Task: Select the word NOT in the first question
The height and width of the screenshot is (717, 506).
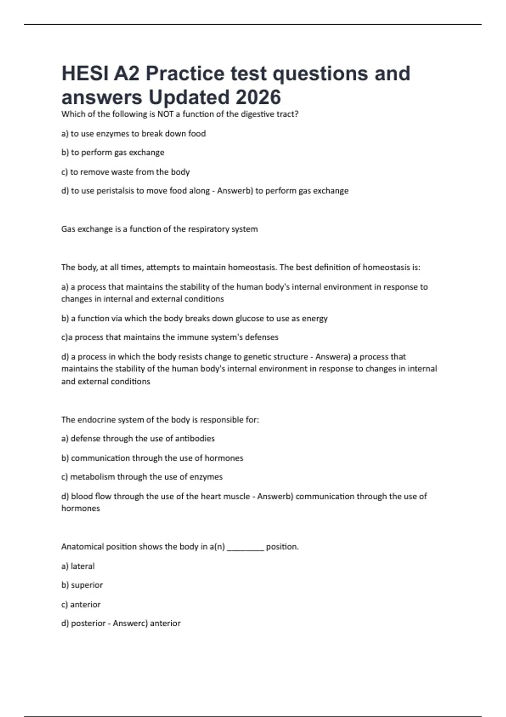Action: [165, 114]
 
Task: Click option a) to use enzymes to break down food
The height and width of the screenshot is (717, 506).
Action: [134, 134]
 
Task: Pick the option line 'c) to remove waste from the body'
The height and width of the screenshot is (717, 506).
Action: [126, 172]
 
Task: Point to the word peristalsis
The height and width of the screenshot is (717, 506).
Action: [115, 191]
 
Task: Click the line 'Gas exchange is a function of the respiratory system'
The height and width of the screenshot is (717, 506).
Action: [159, 229]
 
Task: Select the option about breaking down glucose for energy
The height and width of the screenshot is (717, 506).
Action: [194, 318]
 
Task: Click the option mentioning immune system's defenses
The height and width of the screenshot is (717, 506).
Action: [170, 337]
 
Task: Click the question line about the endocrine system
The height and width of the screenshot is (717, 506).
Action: [160, 420]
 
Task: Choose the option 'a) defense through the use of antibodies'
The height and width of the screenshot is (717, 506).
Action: [138, 439]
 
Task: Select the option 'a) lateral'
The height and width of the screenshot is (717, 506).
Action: [78, 566]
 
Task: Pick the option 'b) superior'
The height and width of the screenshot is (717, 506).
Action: [82, 585]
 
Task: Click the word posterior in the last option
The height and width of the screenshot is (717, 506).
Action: [88, 623]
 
